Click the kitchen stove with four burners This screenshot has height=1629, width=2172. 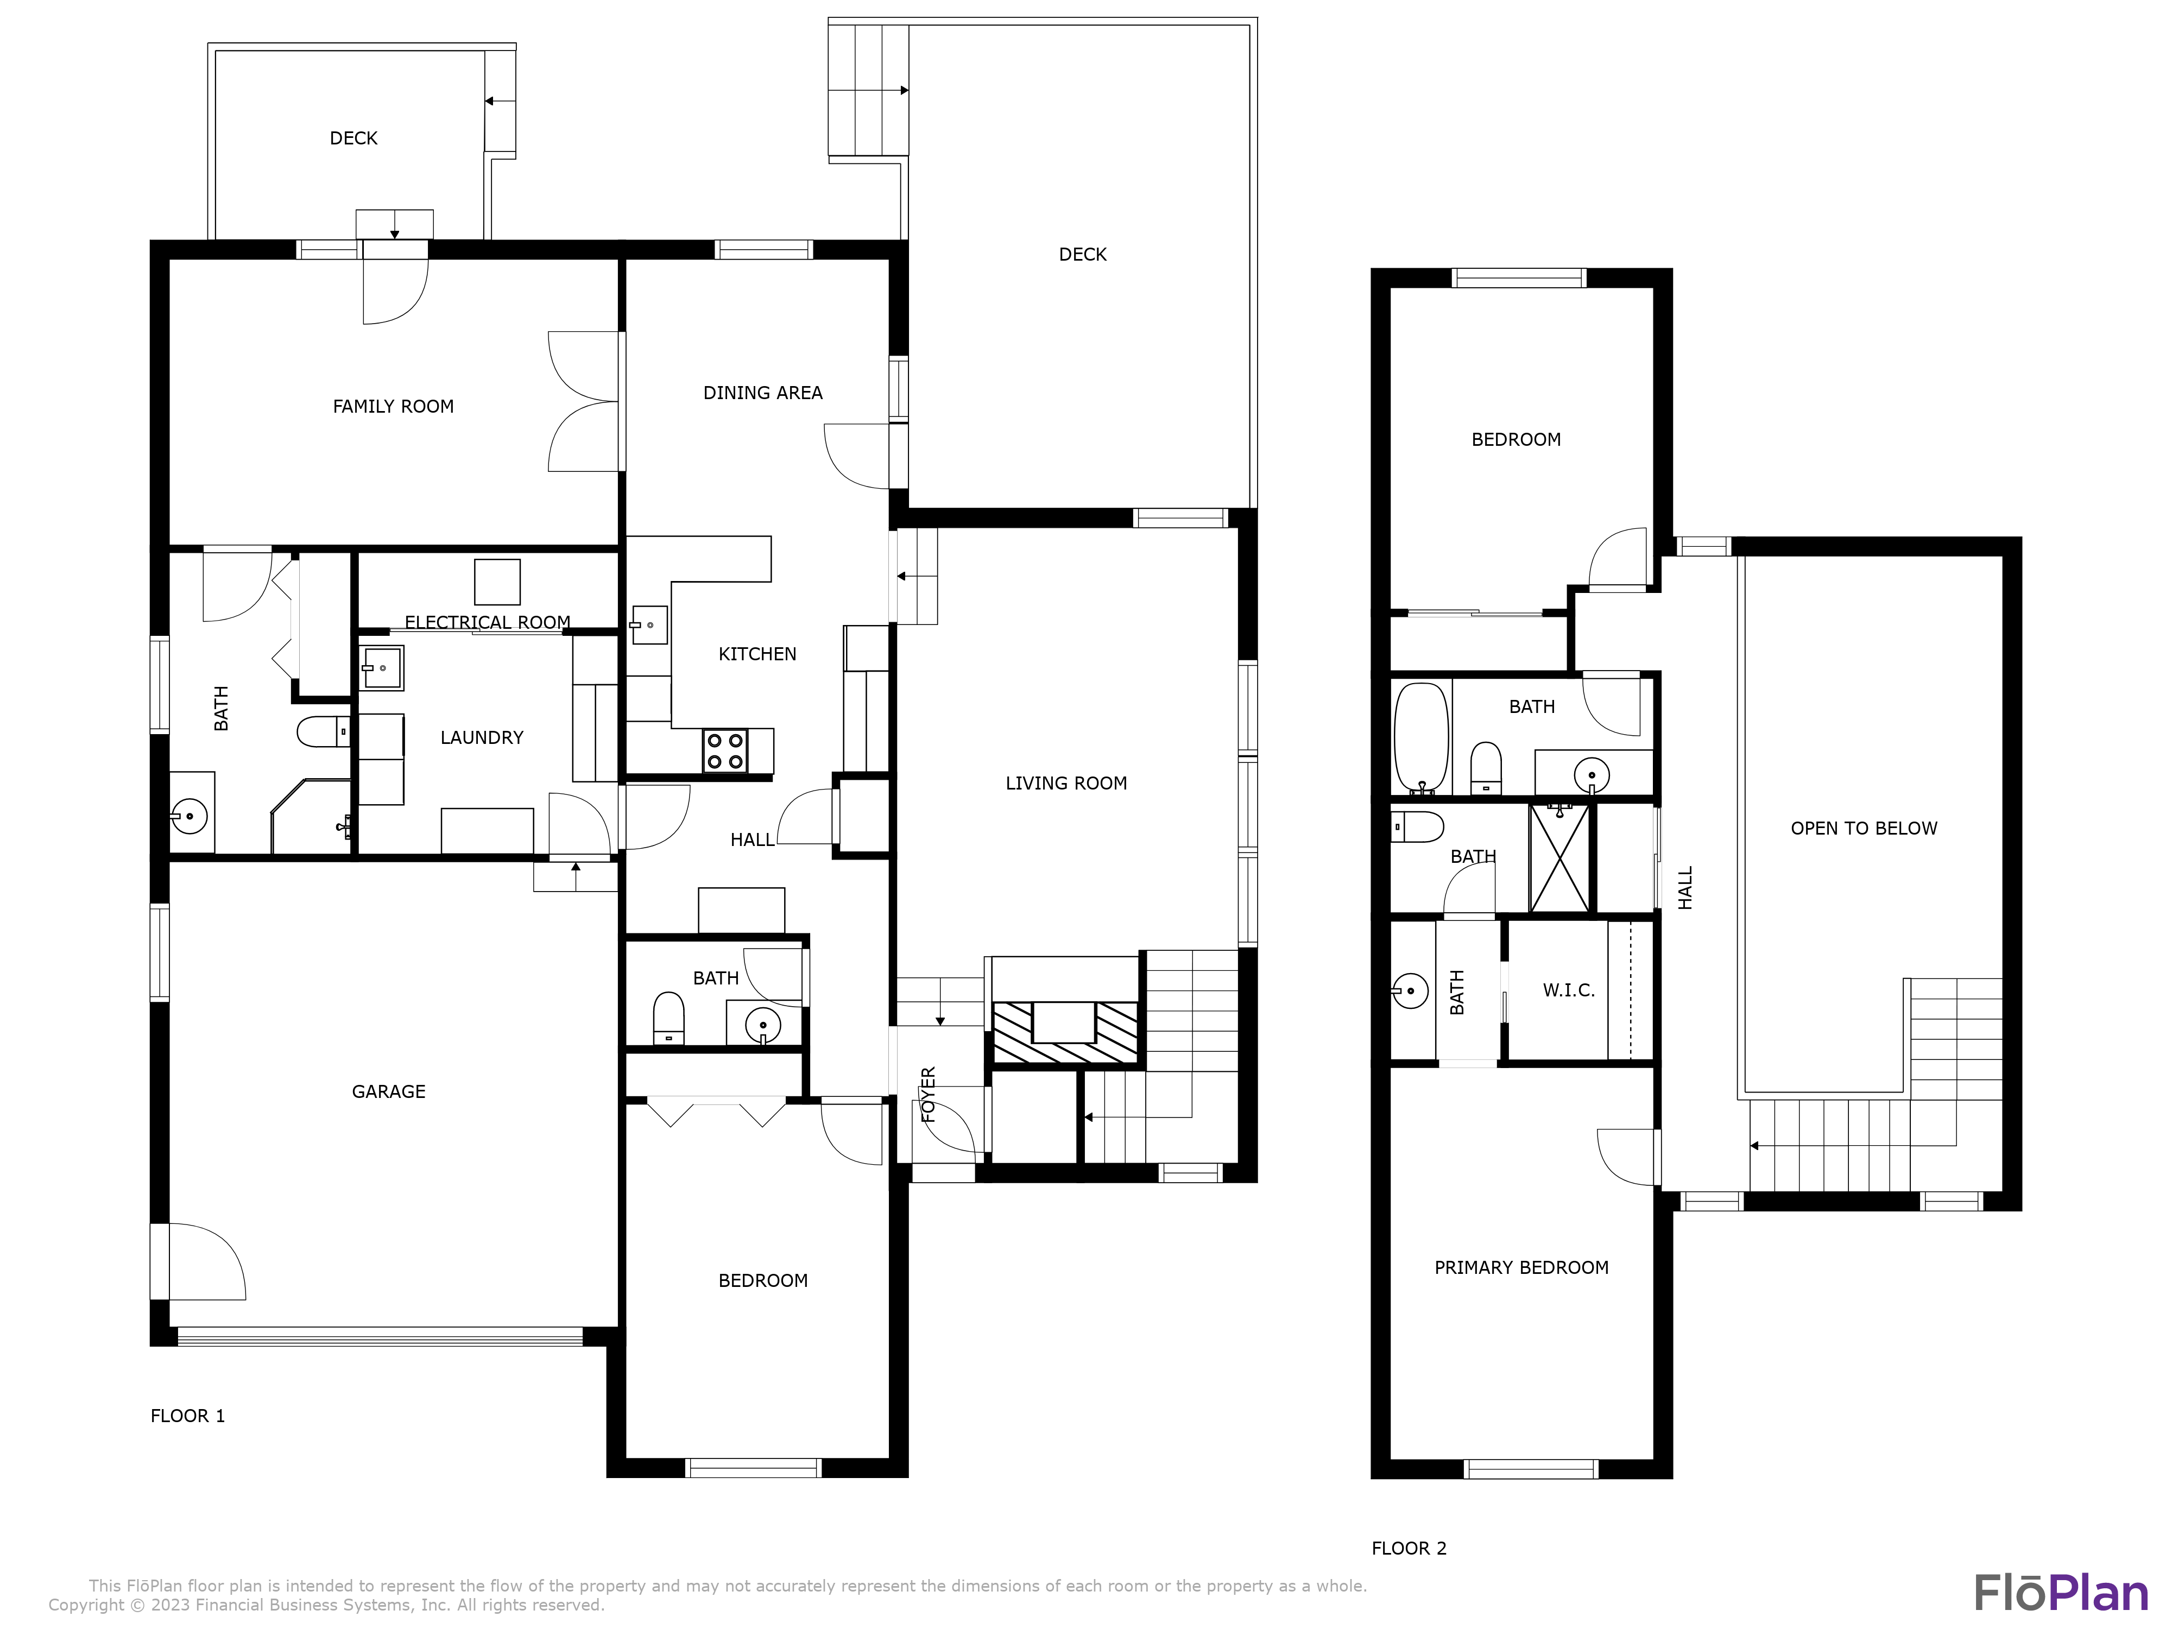click(725, 751)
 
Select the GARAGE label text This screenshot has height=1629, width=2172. click(389, 1092)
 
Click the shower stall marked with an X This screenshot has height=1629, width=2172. click(1559, 858)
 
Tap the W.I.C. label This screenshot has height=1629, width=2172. click(1568, 991)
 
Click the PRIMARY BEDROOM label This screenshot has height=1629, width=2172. click(1521, 1268)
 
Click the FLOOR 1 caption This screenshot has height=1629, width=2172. click(187, 1416)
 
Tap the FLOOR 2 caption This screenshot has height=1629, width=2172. click(1409, 1549)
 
